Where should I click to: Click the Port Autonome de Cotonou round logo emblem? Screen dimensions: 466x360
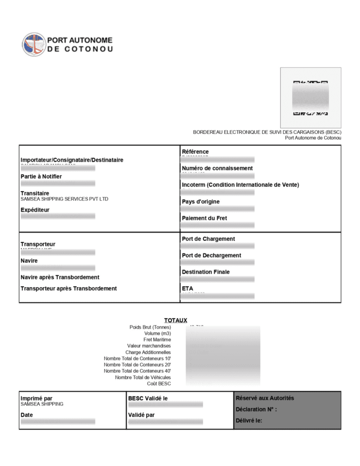click(x=34, y=45)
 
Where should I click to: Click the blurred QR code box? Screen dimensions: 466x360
click(x=310, y=97)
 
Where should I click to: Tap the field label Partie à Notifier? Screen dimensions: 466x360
click(x=41, y=177)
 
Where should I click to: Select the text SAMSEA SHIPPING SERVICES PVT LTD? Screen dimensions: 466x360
click(x=65, y=199)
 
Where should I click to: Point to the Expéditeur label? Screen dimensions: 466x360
click(x=35, y=210)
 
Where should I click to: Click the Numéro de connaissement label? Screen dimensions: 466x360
click(x=217, y=168)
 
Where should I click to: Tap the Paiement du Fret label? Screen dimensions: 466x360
click(x=204, y=218)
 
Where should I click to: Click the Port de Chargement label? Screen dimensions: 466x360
click(x=208, y=239)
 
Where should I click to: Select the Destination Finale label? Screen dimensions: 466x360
click(x=206, y=272)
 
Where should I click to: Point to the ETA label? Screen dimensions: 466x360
click(x=188, y=289)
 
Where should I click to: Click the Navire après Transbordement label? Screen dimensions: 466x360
click(x=60, y=277)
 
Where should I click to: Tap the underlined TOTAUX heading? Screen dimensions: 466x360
click(x=176, y=320)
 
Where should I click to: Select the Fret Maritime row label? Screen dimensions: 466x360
click(x=157, y=339)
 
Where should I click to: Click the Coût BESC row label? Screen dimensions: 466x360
click(x=159, y=384)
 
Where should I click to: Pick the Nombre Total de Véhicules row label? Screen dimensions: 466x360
click(x=143, y=377)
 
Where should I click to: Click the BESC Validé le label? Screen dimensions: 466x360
click(x=148, y=399)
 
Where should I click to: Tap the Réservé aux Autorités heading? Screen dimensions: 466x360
click(x=265, y=398)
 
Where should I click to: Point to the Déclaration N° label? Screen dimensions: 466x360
click(x=256, y=410)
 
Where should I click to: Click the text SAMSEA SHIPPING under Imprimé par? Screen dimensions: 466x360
click(x=42, y=404)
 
